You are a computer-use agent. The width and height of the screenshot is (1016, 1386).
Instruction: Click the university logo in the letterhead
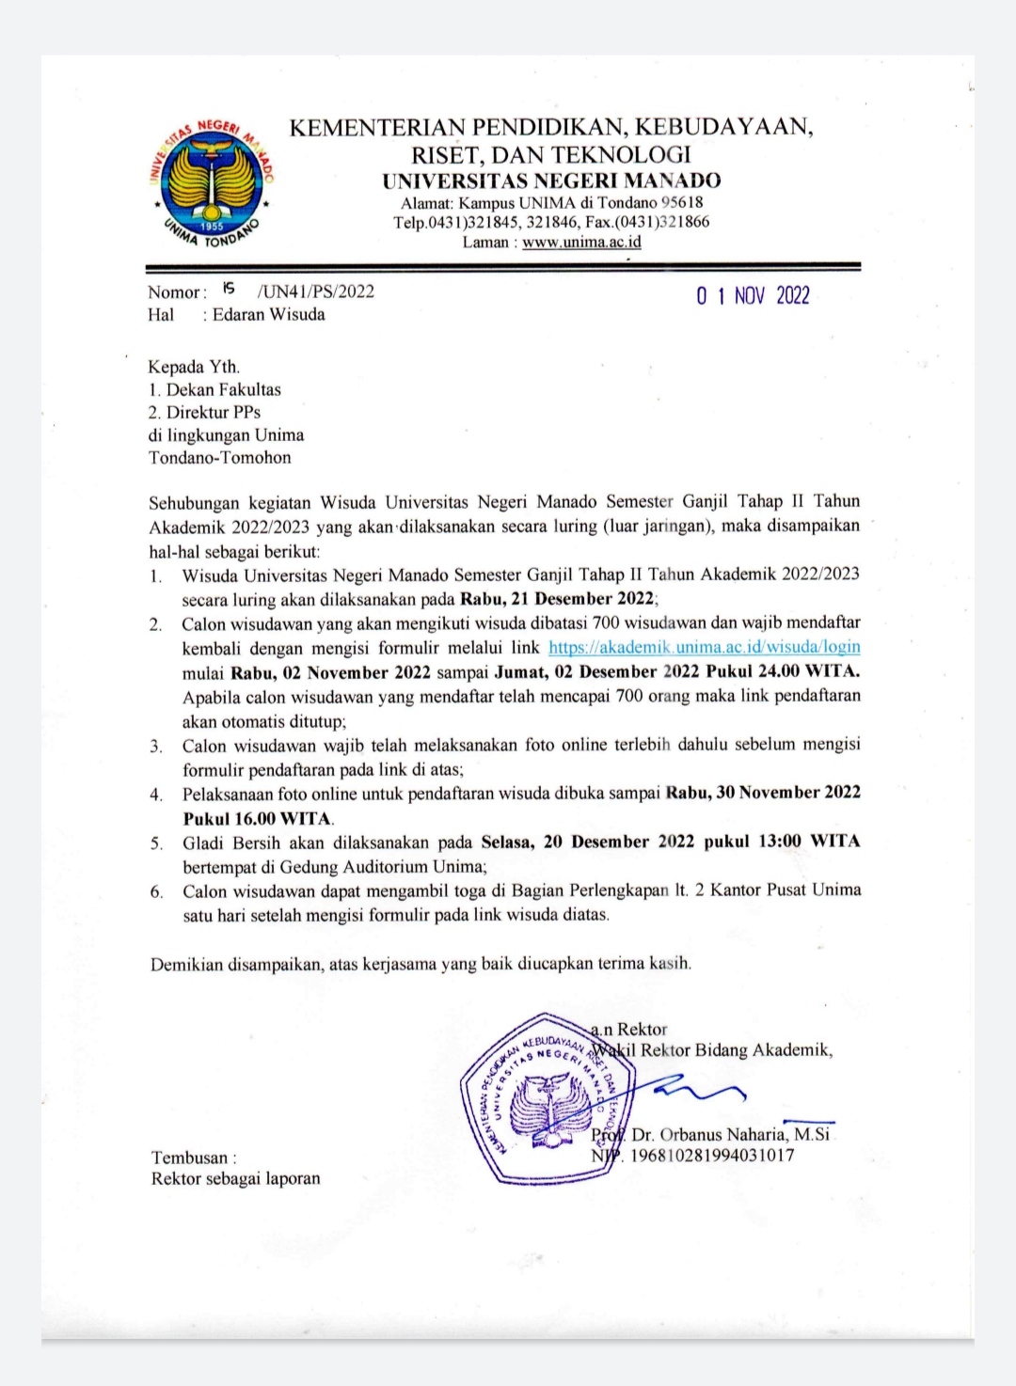(x=212, y=183)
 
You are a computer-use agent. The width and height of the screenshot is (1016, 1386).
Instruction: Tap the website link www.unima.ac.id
(x=581, y=242)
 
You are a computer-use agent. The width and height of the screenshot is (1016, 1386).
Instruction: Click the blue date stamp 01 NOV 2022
(x=753, y=296)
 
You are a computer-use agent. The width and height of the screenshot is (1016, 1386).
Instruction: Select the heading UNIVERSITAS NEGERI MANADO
(x=551, y=181)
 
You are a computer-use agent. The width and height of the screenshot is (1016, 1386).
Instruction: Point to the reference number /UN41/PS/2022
(x=315, y=291)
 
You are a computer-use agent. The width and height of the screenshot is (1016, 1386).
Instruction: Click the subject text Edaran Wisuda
(x=268, y=314)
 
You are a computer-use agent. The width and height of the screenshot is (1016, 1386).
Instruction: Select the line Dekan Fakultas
(x=223, y=389)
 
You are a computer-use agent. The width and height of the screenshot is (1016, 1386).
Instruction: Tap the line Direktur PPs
(x=213, y=412)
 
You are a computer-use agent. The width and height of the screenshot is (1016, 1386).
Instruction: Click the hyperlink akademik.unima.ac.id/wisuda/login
(x=704, y=647)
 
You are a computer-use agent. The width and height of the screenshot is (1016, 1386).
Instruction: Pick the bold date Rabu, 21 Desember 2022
(x=556, y=599)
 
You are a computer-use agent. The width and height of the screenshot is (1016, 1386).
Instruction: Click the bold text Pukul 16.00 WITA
(x=257, y=818)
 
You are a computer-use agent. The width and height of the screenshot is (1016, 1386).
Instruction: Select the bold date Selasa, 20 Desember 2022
(x=587, y=842)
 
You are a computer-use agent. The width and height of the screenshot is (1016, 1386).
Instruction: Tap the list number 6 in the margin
(x=156, y=891)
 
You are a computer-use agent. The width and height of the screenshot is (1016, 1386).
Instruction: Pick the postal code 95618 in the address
(x=682, y=202)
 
